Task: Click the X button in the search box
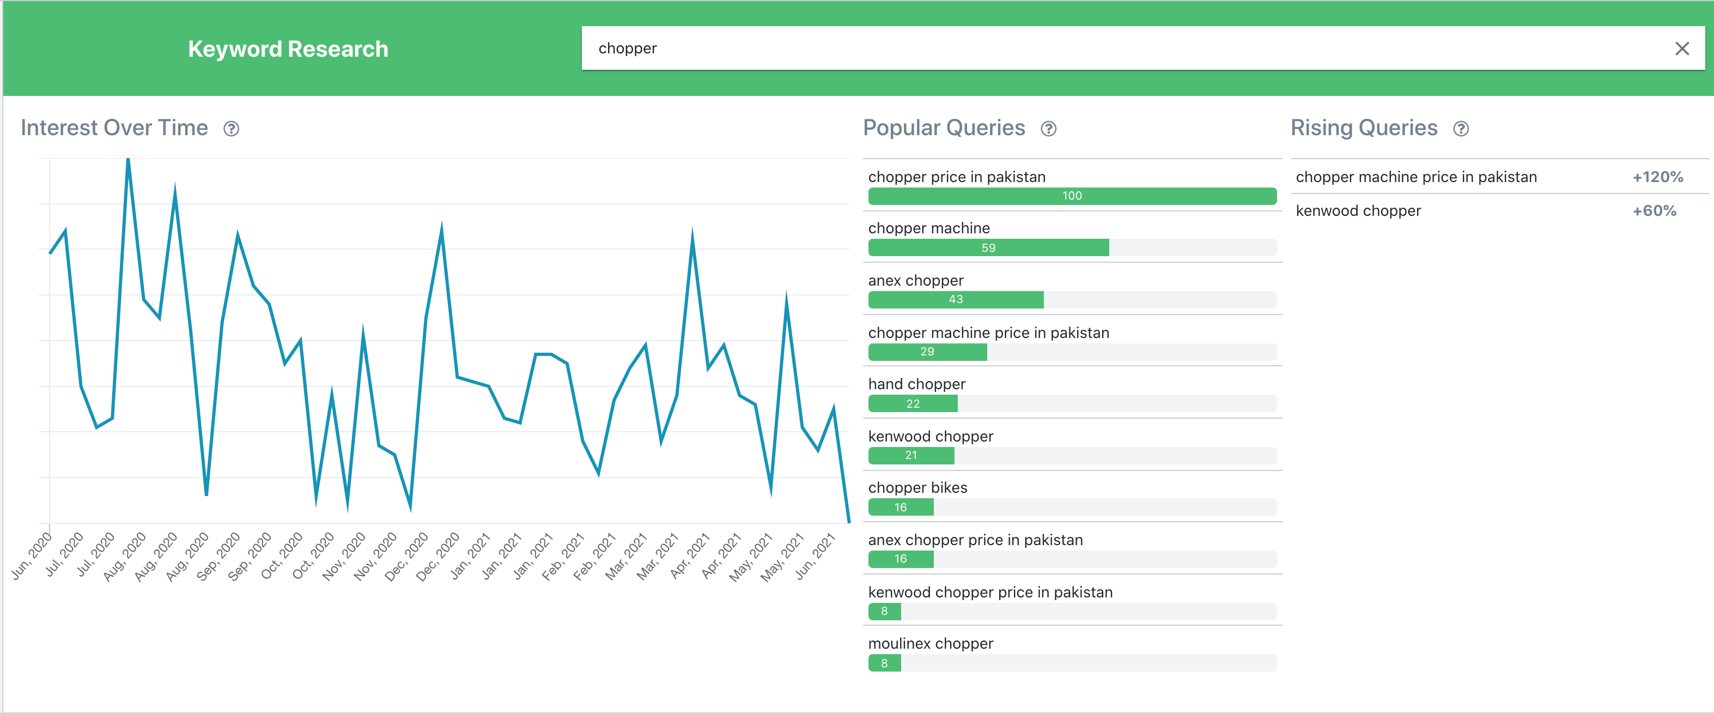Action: [1681, 49]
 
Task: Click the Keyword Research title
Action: [288, 49]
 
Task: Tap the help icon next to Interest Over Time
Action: [231, 129]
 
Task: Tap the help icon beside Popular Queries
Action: [1048, 129]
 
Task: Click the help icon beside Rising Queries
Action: [1461, 129]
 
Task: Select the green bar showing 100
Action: [1071, 196]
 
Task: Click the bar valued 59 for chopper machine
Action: [988, 247]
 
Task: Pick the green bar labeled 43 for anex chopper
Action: [956, 300]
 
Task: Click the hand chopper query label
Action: [916, 384]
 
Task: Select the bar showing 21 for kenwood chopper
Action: [911, 455]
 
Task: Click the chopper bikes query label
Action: [917, 487]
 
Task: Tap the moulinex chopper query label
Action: [930, 643]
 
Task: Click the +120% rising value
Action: [1657, 177]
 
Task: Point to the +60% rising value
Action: [1654, 211]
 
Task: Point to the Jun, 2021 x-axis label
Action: [815, 555]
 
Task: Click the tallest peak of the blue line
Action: [127, 160]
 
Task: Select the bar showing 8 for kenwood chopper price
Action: [884, 611]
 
